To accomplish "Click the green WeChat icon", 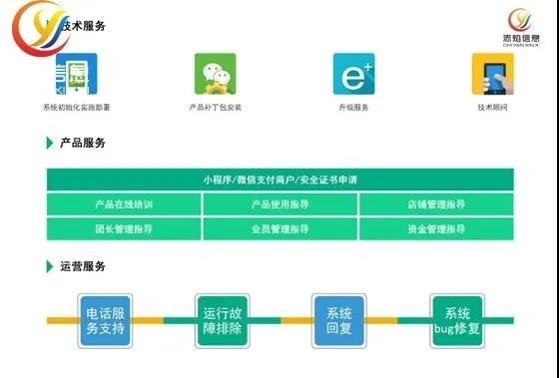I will point(215,73).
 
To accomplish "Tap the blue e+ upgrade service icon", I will point(353,73).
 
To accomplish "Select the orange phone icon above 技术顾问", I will point(492,73).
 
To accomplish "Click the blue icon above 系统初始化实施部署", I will point(75,73).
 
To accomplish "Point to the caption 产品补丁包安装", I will point(215,107).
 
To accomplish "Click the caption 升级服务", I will point(353,107).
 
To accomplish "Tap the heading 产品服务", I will point(83,144).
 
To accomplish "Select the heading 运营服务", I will point(83,266).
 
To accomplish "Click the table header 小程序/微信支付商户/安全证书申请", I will point(279,180).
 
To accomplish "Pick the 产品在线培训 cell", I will point(124,204).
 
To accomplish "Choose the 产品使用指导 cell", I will point(279,204).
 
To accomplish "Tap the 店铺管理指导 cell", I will point(436,204).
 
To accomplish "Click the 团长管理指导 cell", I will point(124,228).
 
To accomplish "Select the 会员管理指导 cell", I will point(279,228).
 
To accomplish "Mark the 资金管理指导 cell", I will point(436,228).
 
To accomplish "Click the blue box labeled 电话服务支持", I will point(106,319).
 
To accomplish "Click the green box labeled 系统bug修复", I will point(457,319).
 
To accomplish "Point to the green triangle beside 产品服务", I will point(50,144).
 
